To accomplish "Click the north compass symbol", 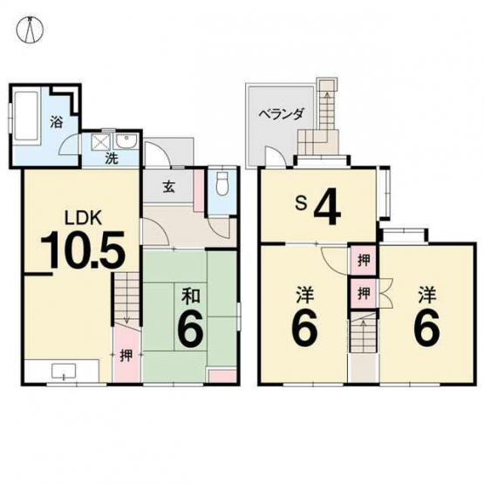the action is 30,30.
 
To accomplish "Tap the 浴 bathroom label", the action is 57,122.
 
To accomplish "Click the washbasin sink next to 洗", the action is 126,141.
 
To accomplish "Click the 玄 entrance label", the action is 169,187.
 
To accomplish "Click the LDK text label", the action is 83,218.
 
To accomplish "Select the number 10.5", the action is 84,249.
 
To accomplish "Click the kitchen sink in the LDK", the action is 64,371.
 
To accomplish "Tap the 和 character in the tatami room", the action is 191,296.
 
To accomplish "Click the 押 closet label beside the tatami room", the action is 126,355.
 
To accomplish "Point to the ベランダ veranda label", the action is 281,114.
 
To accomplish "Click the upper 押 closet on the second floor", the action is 364,261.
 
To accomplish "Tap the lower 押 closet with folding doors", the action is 364,293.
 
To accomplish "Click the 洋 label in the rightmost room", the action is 427,295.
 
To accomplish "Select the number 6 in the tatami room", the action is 191,330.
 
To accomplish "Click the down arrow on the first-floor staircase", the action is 126,320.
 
